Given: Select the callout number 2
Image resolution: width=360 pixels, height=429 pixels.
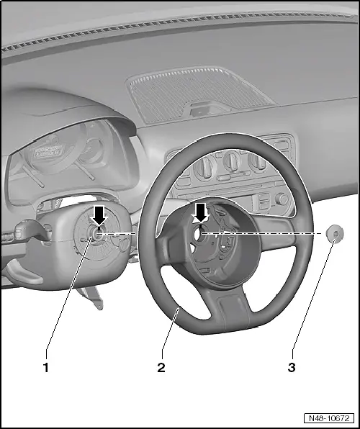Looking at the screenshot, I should coord(161,367).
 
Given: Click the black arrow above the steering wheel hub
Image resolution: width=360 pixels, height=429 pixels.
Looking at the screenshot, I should coord(201,212).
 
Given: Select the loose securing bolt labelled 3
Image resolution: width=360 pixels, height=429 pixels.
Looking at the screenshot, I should coord(334,235).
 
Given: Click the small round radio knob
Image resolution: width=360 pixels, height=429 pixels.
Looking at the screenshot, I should coord(282,199).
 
